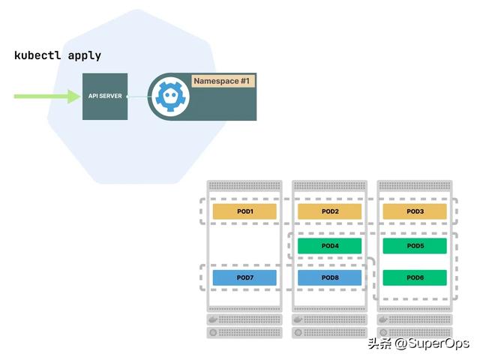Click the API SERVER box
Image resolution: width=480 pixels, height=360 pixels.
pos(105,97)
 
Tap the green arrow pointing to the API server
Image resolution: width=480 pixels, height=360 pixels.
pos(47,97)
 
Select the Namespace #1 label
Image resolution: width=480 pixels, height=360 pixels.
pos(223,81)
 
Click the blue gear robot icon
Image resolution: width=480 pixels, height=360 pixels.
pos(169,96)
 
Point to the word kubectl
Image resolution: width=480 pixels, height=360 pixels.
pos(37,55)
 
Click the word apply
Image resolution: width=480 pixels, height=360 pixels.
pos(85,56)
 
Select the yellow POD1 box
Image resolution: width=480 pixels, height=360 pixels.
pos(244,211)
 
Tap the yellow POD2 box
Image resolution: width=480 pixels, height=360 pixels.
pos(330,211)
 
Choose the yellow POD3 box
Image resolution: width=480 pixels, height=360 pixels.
pos(415,211)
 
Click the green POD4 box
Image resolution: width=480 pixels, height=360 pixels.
pos(330,246)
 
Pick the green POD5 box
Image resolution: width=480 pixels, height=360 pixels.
pos(415,246)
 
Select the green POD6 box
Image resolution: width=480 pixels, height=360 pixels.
pos(415,277)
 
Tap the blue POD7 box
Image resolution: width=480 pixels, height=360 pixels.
pos(244,277)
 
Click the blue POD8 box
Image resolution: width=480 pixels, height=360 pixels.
pos(330,277)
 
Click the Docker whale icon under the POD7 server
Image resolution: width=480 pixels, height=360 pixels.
pos(213,320)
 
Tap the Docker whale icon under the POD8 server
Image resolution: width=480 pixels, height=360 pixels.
pos(298,320)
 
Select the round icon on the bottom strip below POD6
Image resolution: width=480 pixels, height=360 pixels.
pos(383,332)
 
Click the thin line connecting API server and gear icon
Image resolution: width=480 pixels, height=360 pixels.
pos(139,97)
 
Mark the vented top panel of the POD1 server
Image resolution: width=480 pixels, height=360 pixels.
pos(244,185)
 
